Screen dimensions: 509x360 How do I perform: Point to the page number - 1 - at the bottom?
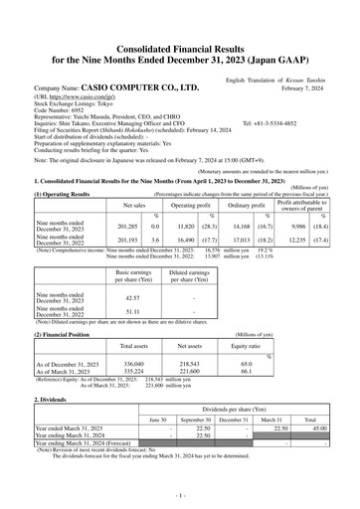[180, 493]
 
